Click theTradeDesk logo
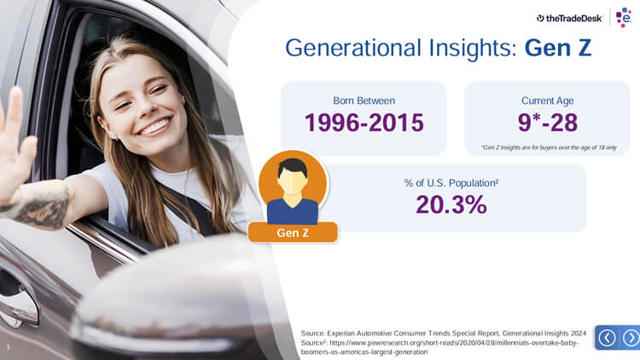(x=569, y=18)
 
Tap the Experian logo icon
(x=624, y=17)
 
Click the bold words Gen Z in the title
(x=558, y=48)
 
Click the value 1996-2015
(x=364, y=123)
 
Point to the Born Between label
(x=364, y=101)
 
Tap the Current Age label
(x=547, y=101)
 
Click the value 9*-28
(x=547, y=123)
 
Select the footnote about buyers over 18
(x=549, y=148)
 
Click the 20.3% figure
(x=451, y=205)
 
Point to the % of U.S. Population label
(x=451, y=183)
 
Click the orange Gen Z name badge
(x=293, y=233)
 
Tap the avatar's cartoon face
(x=292, y=180)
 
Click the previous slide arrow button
(x=607, y=338)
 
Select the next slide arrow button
(x=631, y=338)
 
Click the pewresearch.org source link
(x=439, y=347)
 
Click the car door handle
(x=16, y=303)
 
